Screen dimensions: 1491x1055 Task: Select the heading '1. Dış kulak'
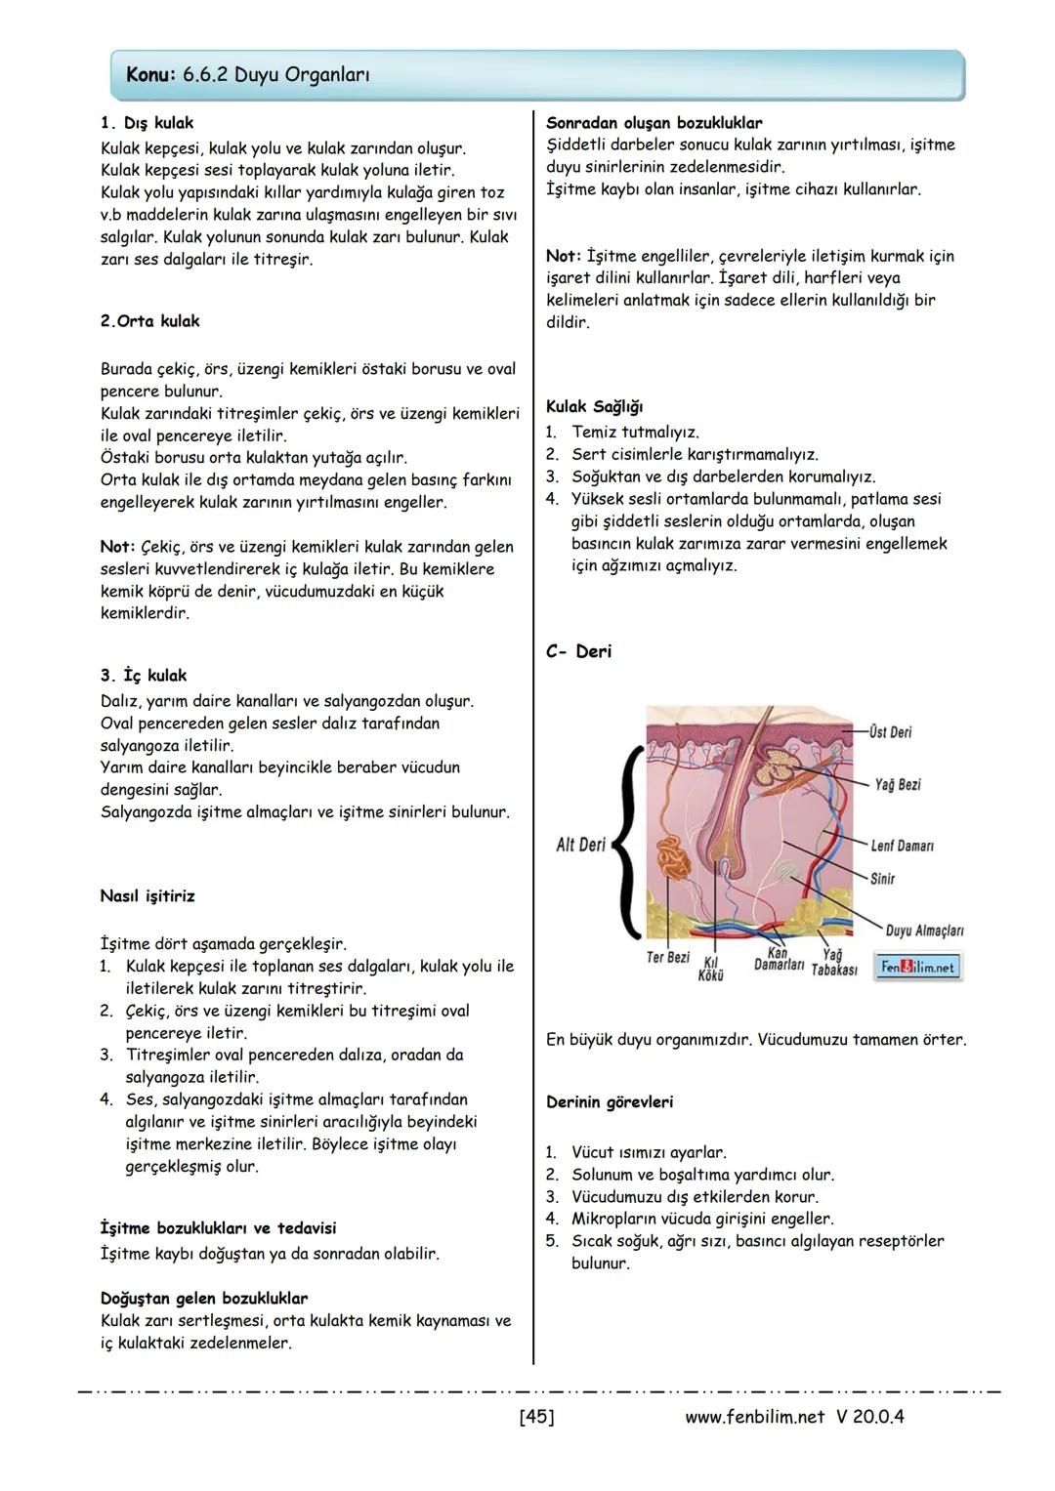coord(147,123)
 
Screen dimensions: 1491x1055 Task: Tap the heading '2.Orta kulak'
coord(149,321)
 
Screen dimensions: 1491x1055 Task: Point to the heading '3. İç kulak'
coord(144,676)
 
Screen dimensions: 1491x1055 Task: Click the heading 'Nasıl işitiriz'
coord(148,896)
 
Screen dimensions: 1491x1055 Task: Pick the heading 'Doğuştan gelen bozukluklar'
coord(204,1299)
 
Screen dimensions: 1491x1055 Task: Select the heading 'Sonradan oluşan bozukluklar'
coord(654,123)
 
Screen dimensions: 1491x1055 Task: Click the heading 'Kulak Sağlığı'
coord(594,407)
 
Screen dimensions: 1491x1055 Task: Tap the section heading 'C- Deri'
coord(578,651)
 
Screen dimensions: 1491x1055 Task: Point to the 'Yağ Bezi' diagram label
coord(897,785)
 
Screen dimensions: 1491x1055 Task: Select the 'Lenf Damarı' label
coord(902,846)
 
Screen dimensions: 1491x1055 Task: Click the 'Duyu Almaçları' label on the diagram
coord(924,931)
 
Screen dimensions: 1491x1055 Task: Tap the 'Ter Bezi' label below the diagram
coord(668,958)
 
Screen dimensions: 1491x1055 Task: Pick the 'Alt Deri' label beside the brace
coord(580,845)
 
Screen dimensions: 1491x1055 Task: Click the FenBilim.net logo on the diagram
coord(917,967)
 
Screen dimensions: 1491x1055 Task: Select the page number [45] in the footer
coord(536,1416)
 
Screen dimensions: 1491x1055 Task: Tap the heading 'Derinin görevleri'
coord(610,1102)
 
